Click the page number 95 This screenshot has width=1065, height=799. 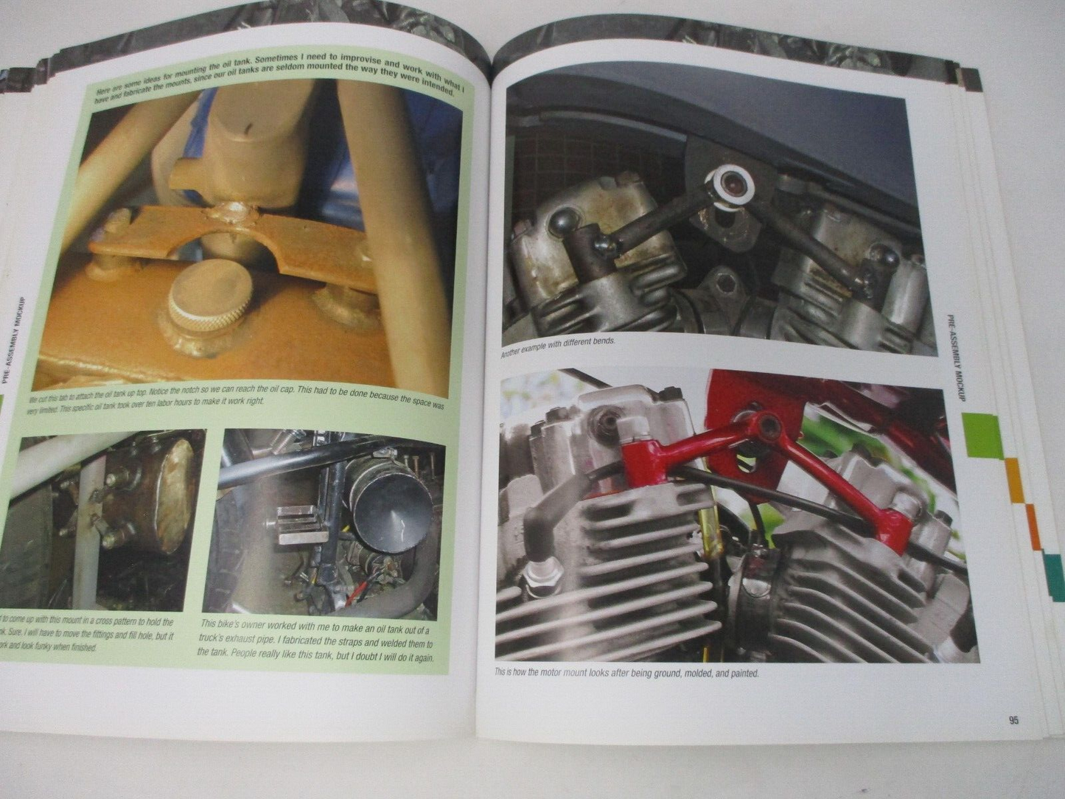(1013, 720)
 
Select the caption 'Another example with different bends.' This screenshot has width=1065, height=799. (557, 347)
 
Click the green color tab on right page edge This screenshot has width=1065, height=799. (983, 434)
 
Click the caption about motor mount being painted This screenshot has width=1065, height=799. (626, 673)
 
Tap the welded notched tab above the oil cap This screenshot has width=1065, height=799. (228, 236)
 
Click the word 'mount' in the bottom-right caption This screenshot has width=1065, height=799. (576, 673)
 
